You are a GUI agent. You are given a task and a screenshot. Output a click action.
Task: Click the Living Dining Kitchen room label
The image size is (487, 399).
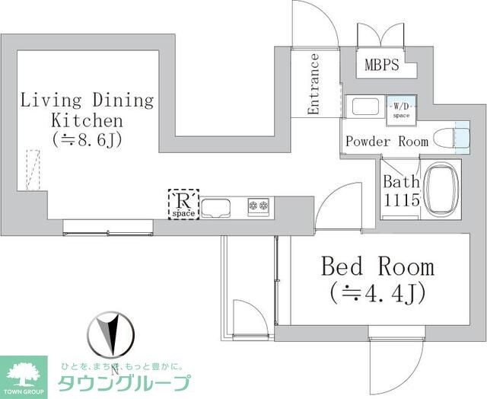(87, 110)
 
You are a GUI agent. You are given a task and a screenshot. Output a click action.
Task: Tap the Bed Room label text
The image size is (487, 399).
(377, 267)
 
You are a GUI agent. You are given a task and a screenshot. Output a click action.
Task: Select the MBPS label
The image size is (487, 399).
(381, 65)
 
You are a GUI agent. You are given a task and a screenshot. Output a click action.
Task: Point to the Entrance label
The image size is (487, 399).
(314, 84)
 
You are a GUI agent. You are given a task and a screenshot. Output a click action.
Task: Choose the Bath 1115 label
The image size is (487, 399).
(400, 190)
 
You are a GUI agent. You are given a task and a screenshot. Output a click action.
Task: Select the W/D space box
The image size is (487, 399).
(400, 109)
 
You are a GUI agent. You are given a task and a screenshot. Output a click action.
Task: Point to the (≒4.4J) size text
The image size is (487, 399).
(377, 292)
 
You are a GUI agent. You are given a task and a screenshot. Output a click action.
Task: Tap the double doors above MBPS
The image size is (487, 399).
(381, 35)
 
